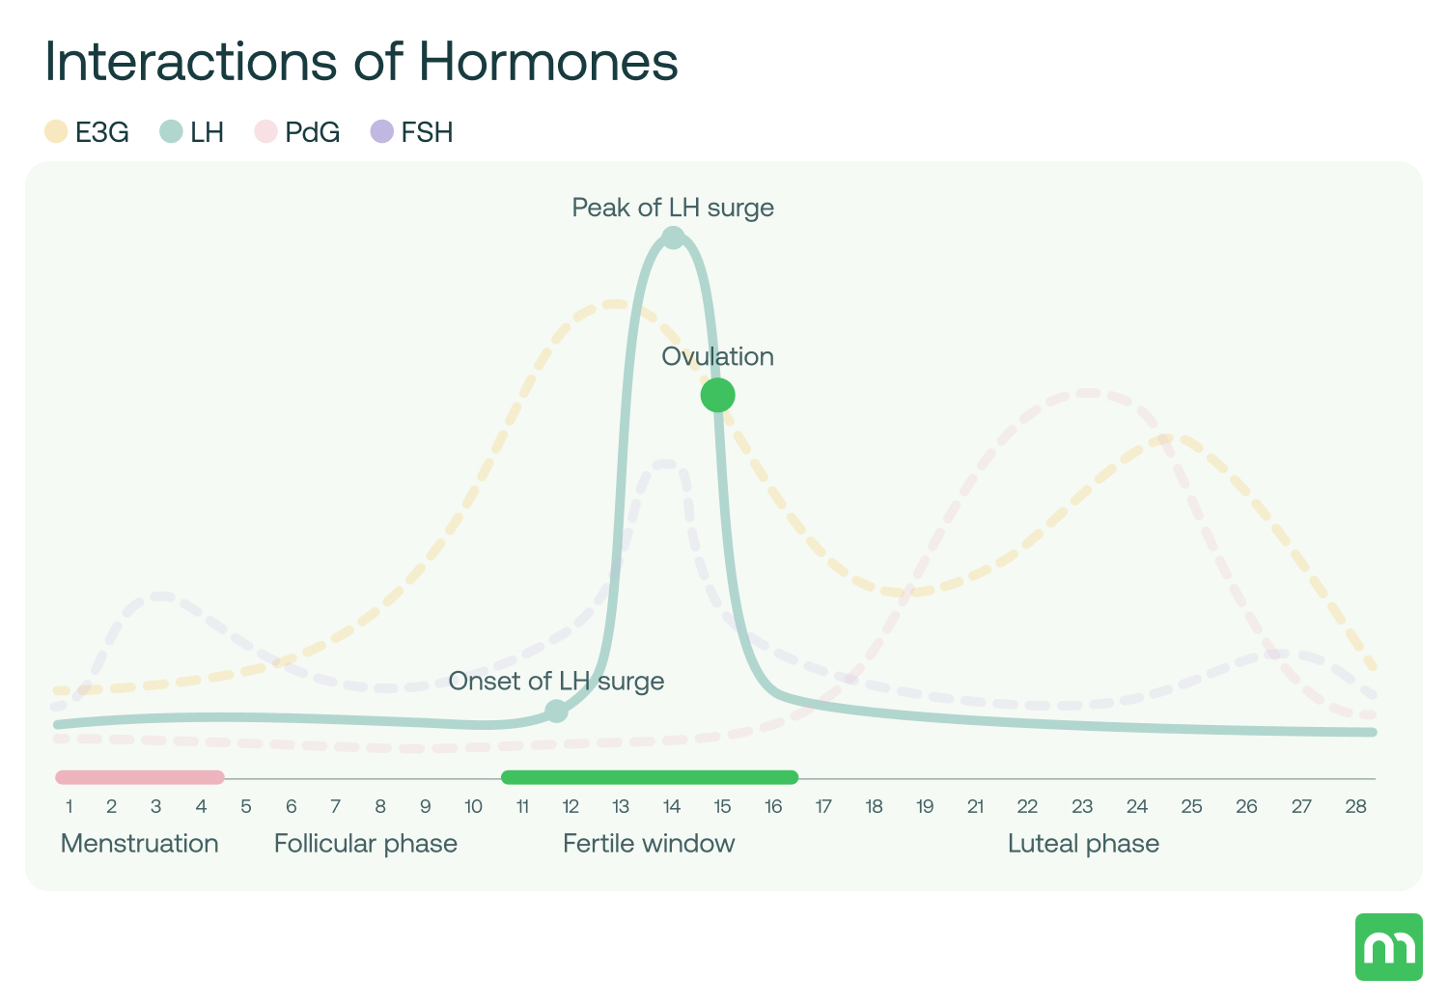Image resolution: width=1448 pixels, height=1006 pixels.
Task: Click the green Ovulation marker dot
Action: pyautogui.click(x=717, y=395)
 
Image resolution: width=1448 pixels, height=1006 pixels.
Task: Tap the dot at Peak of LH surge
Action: pyautogui.click(x=673, y=237)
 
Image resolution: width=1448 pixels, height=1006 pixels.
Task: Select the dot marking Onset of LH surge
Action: pyautogui.click(x=556, y=712)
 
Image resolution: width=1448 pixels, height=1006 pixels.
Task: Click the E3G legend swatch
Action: pyautogui.click(x=56, y=132)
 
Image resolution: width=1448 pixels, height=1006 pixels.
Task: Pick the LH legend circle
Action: pyautogui.click(x=171, y=132)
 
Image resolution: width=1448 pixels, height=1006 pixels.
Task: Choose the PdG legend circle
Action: pyautogui.click(x=265, y=132)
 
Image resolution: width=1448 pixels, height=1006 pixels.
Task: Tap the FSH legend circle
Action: pyautogui.click(x=382, y=132)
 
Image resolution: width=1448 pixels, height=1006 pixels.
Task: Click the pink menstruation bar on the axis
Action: pyautogui.click(x=140, y=777)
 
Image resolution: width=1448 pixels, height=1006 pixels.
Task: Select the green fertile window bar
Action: pyautogui.click(x=650, y=777)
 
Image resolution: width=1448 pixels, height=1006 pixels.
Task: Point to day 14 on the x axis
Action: pyautogui.click(x=671, y=807)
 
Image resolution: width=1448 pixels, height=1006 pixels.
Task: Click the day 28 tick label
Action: pyautogui.click(x=1355, y=807)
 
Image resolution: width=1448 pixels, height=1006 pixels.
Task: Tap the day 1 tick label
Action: pyautogui.click(x=70, y=807)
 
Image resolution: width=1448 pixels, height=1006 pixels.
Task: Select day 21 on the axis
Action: pyautogui.click(x=975, y=807)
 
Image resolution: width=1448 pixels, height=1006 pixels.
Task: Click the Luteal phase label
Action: pyautogui.click(x=1083, y=844)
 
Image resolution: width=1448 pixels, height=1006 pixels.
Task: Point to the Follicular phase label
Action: pyautogui.click(x=366, y=844)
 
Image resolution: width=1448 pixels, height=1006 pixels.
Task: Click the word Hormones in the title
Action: pyautogui.click(x=547, y=62)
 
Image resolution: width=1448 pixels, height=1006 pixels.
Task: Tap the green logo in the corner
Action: pyautogui.click(x=1388, y=947)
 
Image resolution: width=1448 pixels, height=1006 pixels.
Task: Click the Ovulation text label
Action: pyautogui.click(x=717, y=356)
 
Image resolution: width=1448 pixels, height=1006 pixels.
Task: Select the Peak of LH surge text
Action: pyautogui.click(x=673, y=208)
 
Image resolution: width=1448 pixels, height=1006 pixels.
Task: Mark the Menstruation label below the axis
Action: pyautogui.click(x=140, y=844)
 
